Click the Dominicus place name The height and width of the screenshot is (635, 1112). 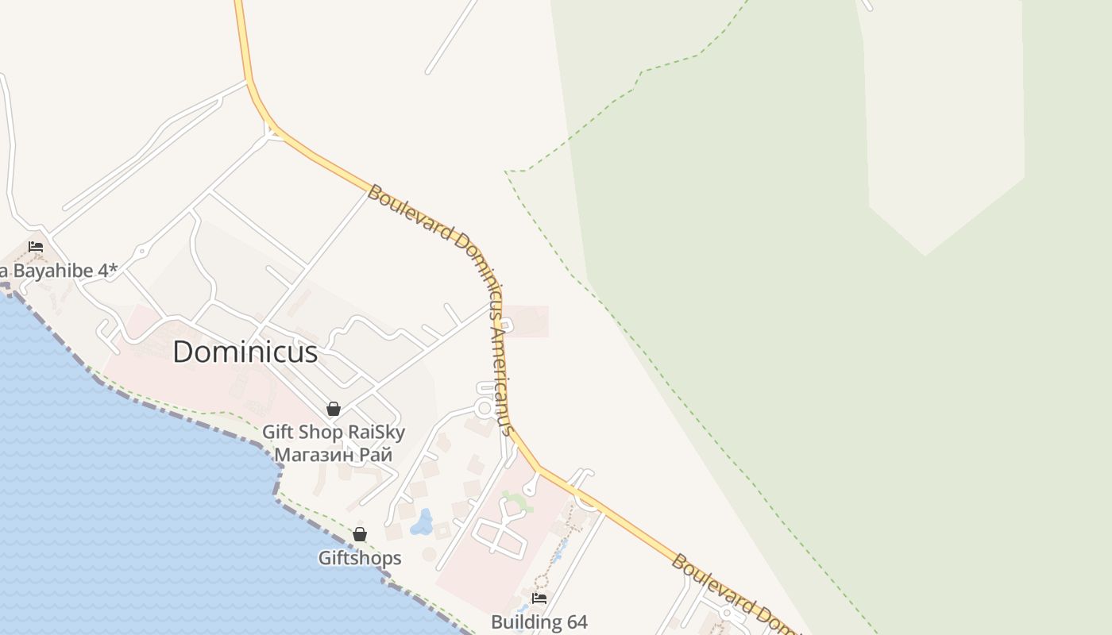point(245,352)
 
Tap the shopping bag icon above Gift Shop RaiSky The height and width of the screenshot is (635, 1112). point(334,409)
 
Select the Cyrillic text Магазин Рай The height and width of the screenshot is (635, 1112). point(334,455)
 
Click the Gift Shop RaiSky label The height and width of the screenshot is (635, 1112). point(334,433)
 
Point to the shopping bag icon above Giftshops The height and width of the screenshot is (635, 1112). point(360,534)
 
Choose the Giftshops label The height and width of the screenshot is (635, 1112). point(360,558)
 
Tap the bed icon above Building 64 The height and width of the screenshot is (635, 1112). point(539,598)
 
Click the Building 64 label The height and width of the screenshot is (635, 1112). point(539,622)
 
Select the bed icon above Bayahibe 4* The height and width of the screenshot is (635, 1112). point(36,247)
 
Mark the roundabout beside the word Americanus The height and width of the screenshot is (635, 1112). point(484,408)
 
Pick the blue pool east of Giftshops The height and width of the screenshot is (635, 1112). point(422,521)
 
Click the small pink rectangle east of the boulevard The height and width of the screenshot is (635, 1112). point(526,321)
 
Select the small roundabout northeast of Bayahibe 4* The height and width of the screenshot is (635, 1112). point(142,252)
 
